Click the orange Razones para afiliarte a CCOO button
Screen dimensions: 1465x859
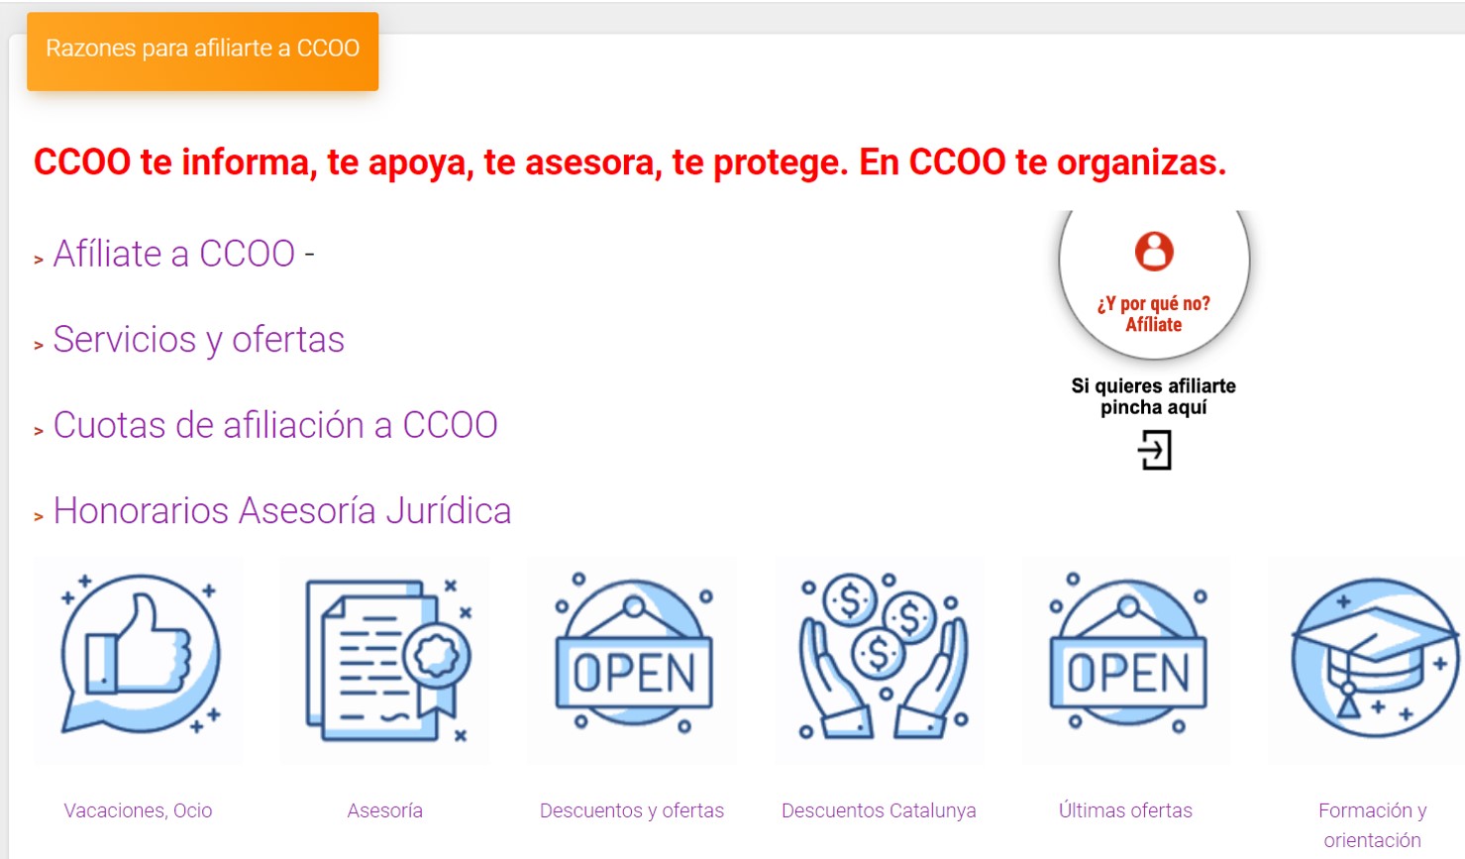point(203,52)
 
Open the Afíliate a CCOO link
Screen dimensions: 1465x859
point(174,254)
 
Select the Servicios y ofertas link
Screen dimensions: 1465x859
point(199,340)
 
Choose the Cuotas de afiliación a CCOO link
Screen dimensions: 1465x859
point(275,425)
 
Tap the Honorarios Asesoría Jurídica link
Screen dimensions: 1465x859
point(282,511)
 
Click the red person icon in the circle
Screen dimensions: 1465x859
point(1154,252)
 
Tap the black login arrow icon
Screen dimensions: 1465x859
point(1154,450)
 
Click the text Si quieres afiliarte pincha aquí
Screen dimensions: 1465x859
point(1154,396)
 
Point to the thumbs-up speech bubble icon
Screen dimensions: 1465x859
point(141,654)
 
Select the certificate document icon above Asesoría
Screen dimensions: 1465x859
point(388,661)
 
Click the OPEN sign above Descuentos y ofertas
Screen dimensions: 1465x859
point(634,654)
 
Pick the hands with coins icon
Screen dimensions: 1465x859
point(883,656)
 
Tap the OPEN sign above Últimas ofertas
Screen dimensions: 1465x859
point(1128,654)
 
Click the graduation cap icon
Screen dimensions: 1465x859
point(1376,658)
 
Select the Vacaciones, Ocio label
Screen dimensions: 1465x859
point(138,810)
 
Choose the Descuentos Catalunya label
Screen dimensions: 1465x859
point(879,810)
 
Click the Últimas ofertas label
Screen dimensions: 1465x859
point(1125,810)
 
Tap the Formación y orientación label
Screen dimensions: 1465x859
point(1373,825)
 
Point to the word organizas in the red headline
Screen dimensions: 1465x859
point(1142,162)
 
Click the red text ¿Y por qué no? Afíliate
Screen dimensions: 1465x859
point(1154,314)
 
